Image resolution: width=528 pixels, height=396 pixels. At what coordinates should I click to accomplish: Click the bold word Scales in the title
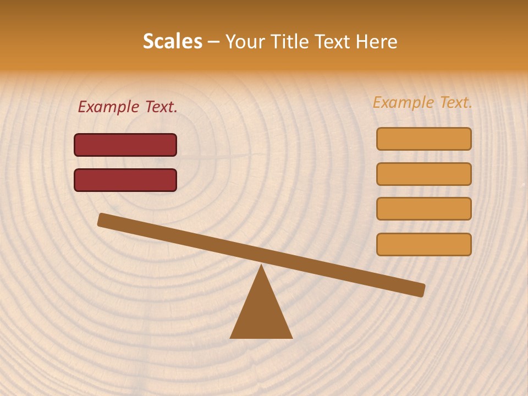click(172, 42)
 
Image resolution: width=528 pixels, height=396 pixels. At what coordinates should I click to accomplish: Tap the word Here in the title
click(377, 42)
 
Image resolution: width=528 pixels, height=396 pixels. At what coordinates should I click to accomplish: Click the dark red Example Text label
click(128, 107)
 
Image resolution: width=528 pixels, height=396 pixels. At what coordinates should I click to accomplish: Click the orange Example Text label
click(422, 103)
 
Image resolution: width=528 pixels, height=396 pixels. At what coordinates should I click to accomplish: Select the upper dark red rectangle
click(125, 145)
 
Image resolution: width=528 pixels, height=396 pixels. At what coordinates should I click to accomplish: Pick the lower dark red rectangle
click(125, 180)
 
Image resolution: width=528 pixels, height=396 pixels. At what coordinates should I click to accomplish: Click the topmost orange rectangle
click(424, 139)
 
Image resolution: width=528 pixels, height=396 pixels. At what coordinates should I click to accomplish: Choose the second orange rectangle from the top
click(424, 174)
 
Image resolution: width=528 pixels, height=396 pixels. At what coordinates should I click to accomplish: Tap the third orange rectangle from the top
click(424, 208)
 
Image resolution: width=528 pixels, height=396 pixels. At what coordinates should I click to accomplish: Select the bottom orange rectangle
click(424, 244)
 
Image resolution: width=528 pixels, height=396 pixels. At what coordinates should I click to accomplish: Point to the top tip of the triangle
click(261, 265)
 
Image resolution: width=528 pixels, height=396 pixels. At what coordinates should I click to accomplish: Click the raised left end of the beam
click(102, 219)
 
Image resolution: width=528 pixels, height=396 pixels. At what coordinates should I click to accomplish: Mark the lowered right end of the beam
click(421, 290)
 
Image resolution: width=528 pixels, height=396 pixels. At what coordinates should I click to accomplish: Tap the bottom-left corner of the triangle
click(231, 337)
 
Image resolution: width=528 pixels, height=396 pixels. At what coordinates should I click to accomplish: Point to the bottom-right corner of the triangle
click(291, 337)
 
